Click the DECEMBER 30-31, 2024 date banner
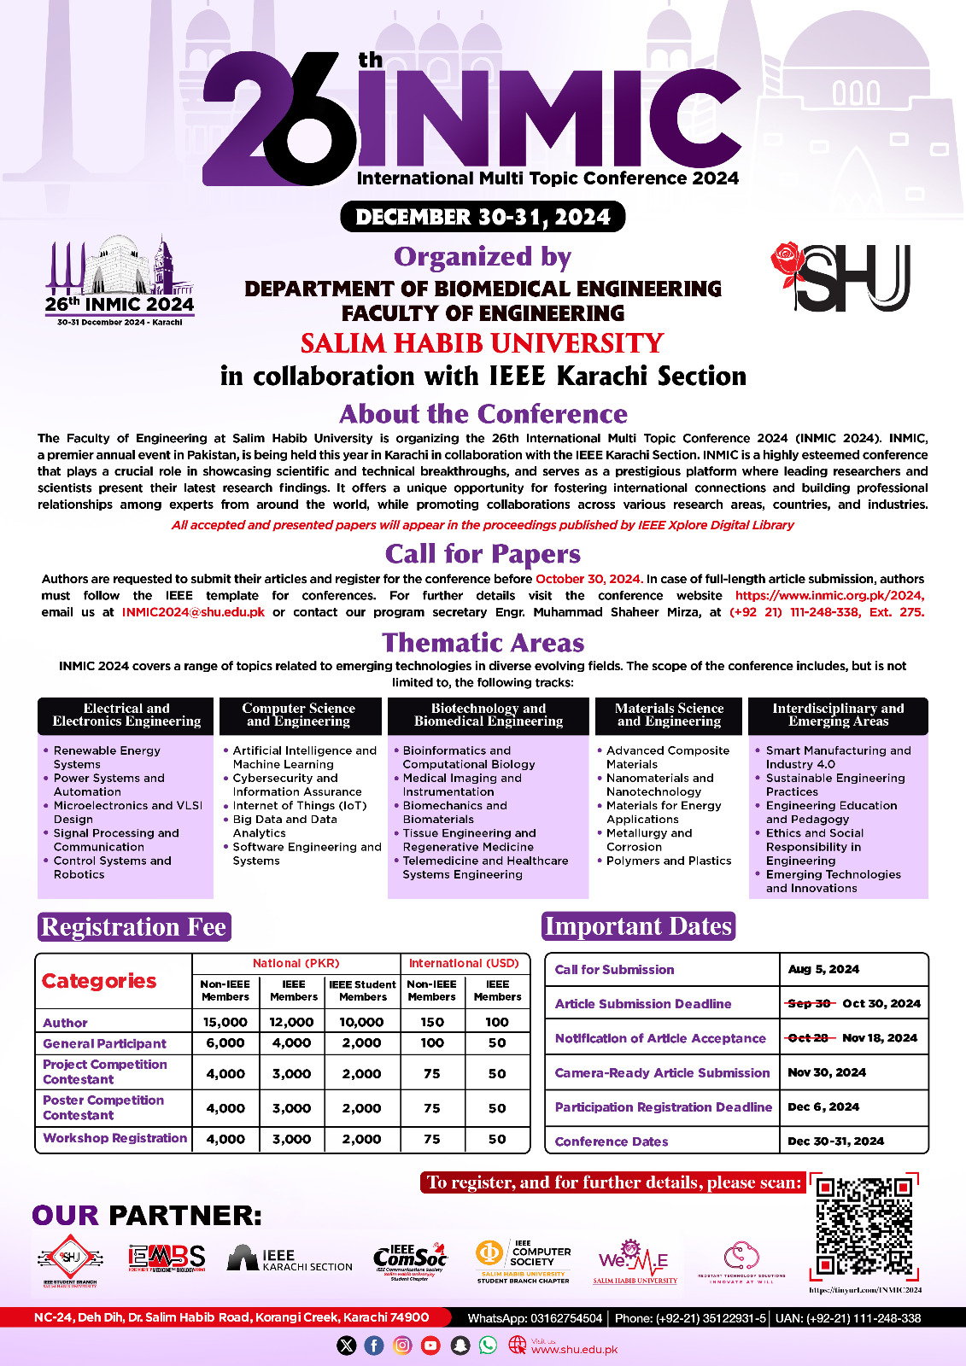click(483, 217)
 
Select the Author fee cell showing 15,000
click(225, 1022)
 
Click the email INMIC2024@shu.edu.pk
click(193, 612)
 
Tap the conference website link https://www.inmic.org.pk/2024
click(828, 595)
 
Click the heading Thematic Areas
click(483, 643)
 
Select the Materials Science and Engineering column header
click(669, 715)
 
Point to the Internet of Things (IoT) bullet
click(299, 806)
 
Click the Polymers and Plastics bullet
click(668, 861)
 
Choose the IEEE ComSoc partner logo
click(411, 1258)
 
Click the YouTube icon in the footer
click(430, 1346)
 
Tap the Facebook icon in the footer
click(374, 1346)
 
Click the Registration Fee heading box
click(134, 927)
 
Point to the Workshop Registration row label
click(114, 1138)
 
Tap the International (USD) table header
click(464, 964)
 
